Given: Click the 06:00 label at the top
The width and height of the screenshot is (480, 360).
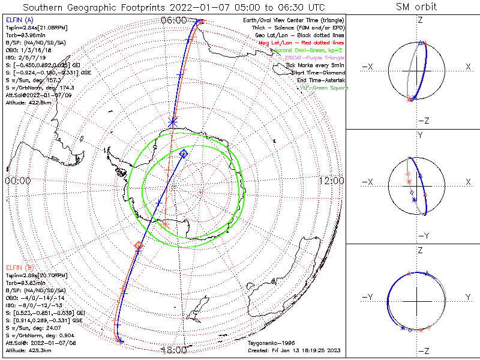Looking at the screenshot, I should pyautogui.click(x=174, y=20).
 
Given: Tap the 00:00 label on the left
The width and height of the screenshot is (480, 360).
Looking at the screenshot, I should pyautogui.click(x=17, y=181).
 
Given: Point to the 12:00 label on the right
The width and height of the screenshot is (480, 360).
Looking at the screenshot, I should pyautogui.click(x=331, y=181).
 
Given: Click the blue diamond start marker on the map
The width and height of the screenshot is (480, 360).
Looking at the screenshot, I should pyautogui.click(x=184, y=154).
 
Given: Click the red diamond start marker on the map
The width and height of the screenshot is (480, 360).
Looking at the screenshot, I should pyautogui.click(x=139, y=245).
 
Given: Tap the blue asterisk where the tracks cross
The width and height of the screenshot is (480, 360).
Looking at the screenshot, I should pyautogui.click(x=173, y=122).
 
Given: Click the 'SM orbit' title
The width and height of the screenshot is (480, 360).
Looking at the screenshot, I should pyautogui.click(x=416, y=7).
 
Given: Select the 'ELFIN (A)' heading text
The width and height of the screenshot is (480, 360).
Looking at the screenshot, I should pyautogui.click(x=19, y=20).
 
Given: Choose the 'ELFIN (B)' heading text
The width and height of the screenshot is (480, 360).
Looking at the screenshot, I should pyautogui.click(x=19, y=266).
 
